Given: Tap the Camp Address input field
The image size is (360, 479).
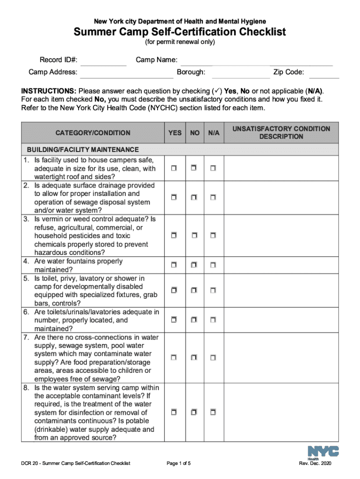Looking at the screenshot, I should (x=126, y=73).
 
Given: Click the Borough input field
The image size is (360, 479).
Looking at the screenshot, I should (x=240, y=73).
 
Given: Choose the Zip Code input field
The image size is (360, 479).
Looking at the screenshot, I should (x=324, y=73).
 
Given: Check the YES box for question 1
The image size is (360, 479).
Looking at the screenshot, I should (x=174, y=168).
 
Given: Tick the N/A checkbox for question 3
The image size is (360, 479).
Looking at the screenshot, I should (x=213, y=235).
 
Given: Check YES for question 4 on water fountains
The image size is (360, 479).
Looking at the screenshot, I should (x=174, y=265).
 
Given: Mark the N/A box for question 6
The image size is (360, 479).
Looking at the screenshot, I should (x=213, y=320).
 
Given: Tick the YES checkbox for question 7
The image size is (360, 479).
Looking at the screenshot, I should (x=174, y=358).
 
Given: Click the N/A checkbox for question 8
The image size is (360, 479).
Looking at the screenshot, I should (x=213, y=413).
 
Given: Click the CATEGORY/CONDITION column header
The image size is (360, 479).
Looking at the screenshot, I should (x=93, y=133).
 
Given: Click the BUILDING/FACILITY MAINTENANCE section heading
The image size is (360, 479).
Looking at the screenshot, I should (x=82, y=150).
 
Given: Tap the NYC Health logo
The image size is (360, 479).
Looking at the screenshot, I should (x=323, y=452).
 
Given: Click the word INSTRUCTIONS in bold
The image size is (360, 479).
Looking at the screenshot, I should (x=49, y=91).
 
